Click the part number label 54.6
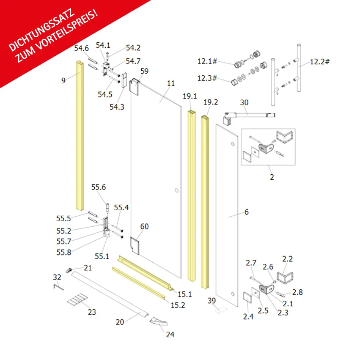point(82,48)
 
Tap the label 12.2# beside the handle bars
point(320,61)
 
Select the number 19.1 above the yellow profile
point(190,96)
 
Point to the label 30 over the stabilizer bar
point(244,102)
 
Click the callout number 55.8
point(64,252)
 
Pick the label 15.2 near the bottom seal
point(178,305)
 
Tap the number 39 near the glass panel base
point(212,300)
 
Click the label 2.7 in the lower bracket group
point(251,263)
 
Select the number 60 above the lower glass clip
point(144,226)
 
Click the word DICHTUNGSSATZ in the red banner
point(41,30)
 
